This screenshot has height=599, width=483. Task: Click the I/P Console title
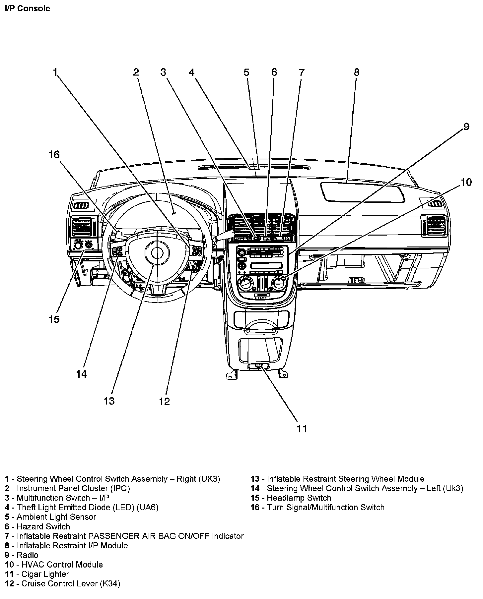pyautogui.click(x=28, y=8)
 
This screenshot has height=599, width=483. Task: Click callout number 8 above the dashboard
pyautogui.click(x=357, y=72)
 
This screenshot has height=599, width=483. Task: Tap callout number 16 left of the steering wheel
pyautogui.click(x=54, y=154)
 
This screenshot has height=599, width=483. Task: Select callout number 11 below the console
pyautogui.click(x=302, y=429)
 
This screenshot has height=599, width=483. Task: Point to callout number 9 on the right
pyautogui.click(x=466, y=127)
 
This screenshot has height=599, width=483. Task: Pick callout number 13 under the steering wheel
pyautogui.click(x=109, y=401)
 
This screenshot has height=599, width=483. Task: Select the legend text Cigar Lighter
pyautogui.click(x=45, y=574)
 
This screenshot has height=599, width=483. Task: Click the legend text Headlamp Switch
pyautogui.click(x=299, y=498)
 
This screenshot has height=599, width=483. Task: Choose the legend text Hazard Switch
pyautogui.click(x=43, y=526)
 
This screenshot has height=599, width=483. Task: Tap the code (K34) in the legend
pyautogui.click(x=110, y=583)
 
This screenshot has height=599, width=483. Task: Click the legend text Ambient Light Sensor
pyautogui.click(x=56, y=517)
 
